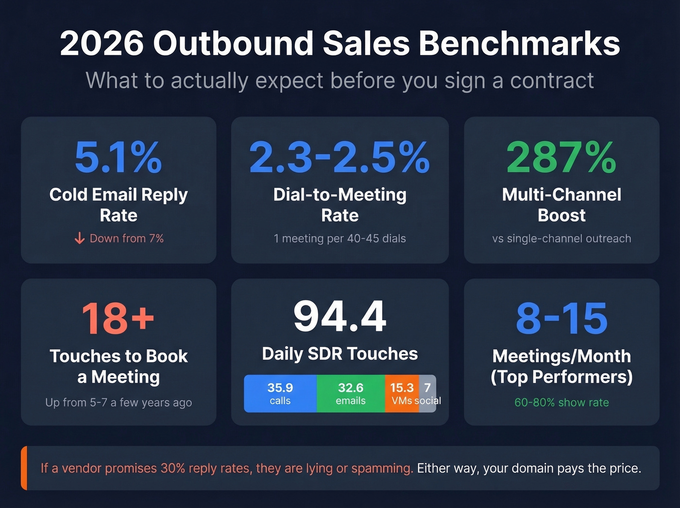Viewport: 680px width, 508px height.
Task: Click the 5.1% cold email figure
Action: (118, 157)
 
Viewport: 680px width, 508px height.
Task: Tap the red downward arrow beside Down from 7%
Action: (80, 238)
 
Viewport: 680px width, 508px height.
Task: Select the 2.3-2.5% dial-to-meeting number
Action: (340, 157)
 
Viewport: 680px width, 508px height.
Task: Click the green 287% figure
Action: (561, 157)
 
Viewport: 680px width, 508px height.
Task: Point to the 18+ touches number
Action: (118, 319)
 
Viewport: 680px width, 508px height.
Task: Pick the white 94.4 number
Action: (340, 316)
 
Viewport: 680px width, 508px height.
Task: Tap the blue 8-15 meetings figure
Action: (561, 319)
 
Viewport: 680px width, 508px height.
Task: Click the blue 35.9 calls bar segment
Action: (280, 394)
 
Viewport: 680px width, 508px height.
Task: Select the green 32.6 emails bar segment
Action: (351, 394)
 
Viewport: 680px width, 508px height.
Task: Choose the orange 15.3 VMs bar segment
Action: (402, 394)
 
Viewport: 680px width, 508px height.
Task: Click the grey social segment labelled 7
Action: (427, 389)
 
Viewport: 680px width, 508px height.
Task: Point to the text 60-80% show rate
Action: (561, 403)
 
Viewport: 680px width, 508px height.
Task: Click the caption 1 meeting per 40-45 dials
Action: (340, 239)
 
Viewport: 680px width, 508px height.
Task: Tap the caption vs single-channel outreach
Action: (561, 239)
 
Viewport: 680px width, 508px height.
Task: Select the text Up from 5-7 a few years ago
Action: (118, 403)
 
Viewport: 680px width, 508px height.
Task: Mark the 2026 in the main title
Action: (102, 44)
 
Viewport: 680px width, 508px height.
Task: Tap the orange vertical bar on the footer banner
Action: (24, 468)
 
